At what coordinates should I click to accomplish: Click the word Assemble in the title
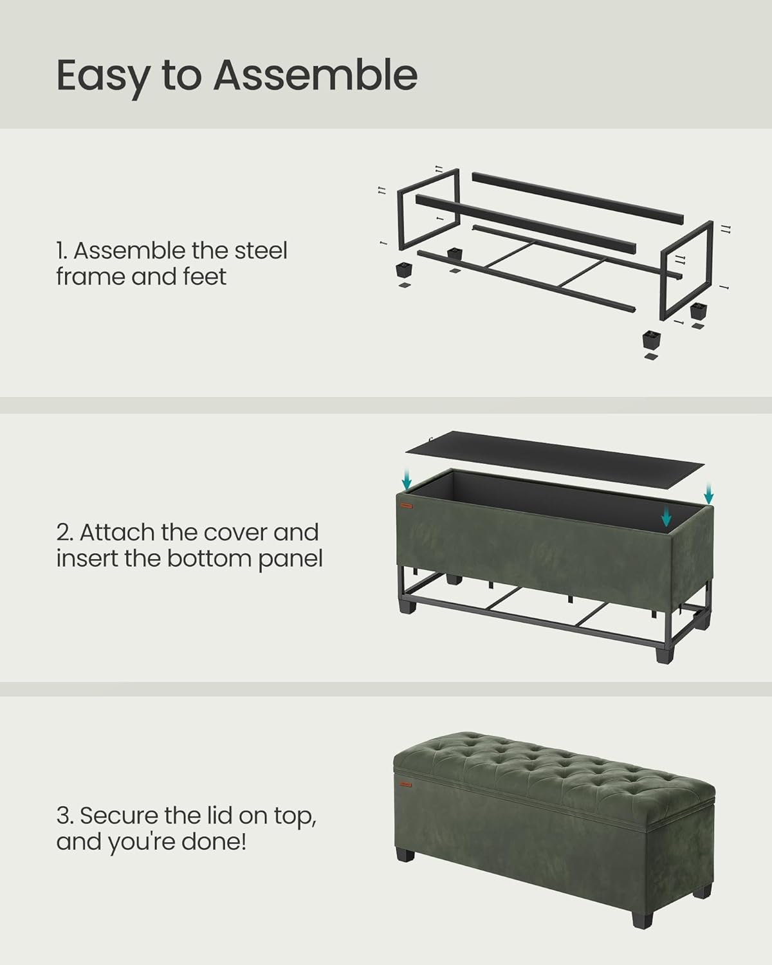pyautogui.click(x=315, y=75)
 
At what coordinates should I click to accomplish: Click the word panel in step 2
pyautogui.click(x=290, y=558)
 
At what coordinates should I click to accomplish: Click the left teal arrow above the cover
pyautogui.click(x=406, y=478)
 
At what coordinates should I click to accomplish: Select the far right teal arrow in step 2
pyautogui.click(x=708, y=493)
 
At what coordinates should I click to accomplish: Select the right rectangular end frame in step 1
pyautogui.click(x=687, y=270)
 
